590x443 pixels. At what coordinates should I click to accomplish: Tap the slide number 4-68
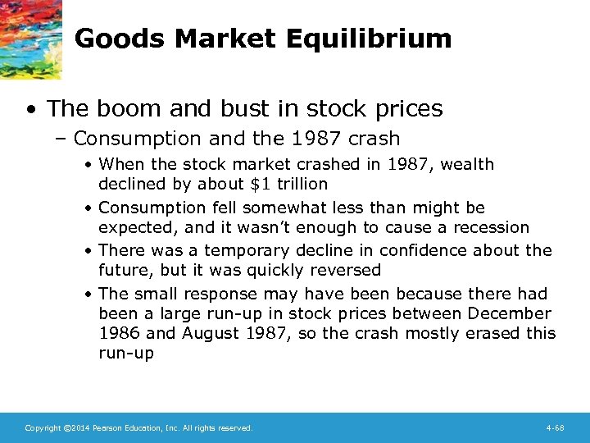[555, 428]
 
